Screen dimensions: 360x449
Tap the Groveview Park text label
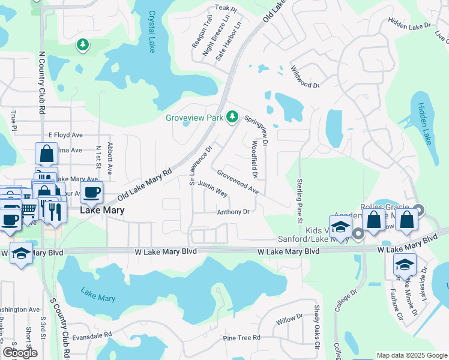pyautogui.click(x=194, y=118)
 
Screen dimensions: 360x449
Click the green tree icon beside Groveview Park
pyautogui.click(x=232, y=118)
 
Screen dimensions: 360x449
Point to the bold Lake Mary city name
pyautogui.click(x=102, y=211)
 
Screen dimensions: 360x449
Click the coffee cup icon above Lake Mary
pyautogui.click(x=91, y=193)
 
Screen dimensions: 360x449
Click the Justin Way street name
pyautogui.click(x=212, y=190)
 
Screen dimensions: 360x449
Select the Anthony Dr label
pyautogui.click(x=233, y=212)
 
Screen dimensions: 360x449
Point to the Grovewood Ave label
pyautogui.click(x=238, y=181)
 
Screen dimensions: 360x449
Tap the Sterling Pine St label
pyautogui.click(x=300, y=197)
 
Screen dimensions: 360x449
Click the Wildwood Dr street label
pyautogui.click(x=305, y=77)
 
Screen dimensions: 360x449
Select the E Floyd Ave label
pyautogui.click(x=65, y=135)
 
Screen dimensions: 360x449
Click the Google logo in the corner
pyautogui.click(x=20, y=352)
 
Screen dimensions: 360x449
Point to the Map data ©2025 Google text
pyautogui.click(x=411, y=355)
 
